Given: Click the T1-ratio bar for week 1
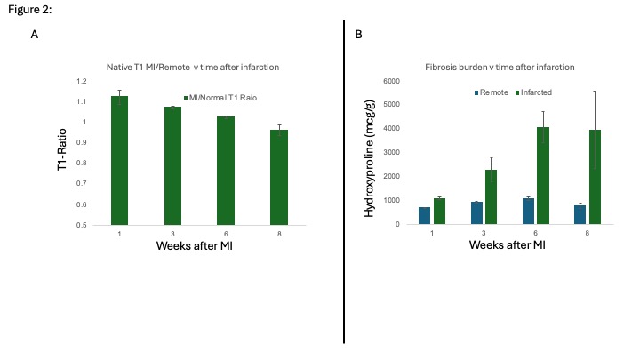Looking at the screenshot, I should tap(118, 160).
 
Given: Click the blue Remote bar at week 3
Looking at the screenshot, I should tap(477, 212).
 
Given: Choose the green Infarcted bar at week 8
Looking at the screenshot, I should tap(596, 177).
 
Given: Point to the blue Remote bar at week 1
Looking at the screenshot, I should tap(424, 215).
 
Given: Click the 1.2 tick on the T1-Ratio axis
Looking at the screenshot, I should tap(84, 82).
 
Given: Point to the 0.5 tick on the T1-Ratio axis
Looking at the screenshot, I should tap(84, 225).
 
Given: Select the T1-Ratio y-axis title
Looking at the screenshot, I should tap(64, 153).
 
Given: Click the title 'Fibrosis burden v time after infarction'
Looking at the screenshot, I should tap(500, 68).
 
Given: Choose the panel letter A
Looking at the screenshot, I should tap(35, 35).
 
